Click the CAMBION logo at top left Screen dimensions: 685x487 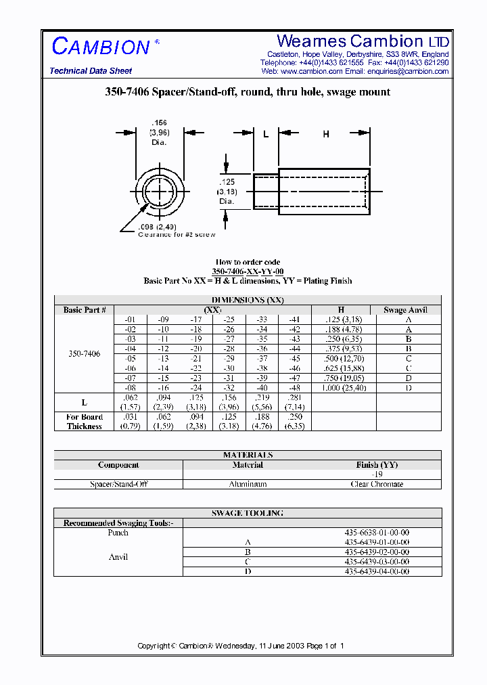[101, 47]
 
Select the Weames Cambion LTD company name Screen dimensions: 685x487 [363, 41]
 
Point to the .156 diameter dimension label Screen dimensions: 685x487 [160, 123]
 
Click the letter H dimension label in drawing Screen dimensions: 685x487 [325, 135]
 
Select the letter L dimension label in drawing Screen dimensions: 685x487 [266, 135]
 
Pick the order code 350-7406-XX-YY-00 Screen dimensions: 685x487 [248, 271]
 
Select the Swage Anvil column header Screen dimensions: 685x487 [405, 310]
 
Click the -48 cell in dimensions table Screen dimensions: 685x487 [294, 389]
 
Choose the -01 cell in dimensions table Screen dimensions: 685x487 [130, 319]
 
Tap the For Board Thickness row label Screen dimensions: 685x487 [85, 422]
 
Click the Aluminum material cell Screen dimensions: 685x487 [248, 484]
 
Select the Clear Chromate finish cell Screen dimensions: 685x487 [377, 484]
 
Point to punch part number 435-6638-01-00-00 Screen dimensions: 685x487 [377, 533]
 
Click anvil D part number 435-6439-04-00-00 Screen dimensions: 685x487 [377, 571]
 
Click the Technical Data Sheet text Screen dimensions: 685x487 [91, 71]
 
